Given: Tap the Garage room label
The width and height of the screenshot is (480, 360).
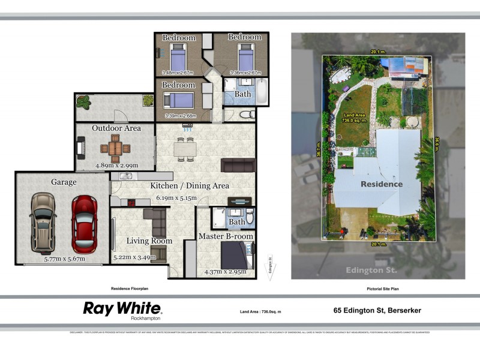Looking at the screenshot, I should pyautogui.click(x=64, y=182).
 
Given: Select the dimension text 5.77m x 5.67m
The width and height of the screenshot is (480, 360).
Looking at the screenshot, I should pyautogui.click(x=64, y=259).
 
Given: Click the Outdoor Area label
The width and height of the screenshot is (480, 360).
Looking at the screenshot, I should pyautogui.click(x=116, y=128).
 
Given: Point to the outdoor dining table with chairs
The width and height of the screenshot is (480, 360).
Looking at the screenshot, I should pyautogui.click(x=115, y=146).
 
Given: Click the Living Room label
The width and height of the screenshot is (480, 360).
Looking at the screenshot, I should pyautogui.click(x=149, y=241).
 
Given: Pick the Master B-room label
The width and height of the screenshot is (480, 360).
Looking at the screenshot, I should pyautogui.click(x=226, y=236).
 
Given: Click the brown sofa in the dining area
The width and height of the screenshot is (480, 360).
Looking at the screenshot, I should pyautogui.click(x=238, y=165).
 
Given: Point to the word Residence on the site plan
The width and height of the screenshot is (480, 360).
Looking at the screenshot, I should pyautogui.click(x=381, y=184).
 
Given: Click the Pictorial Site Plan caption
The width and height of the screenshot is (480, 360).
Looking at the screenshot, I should pyautogui.click(x=383, y=289).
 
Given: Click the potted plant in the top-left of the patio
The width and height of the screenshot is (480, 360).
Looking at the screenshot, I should pyautogui.click(x=83, y=103).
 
